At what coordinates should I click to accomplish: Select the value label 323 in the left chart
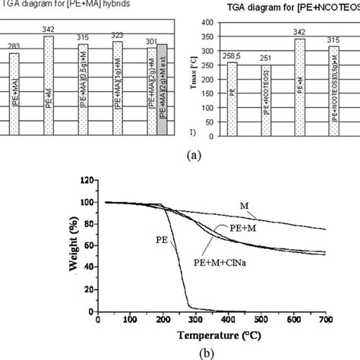115,35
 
